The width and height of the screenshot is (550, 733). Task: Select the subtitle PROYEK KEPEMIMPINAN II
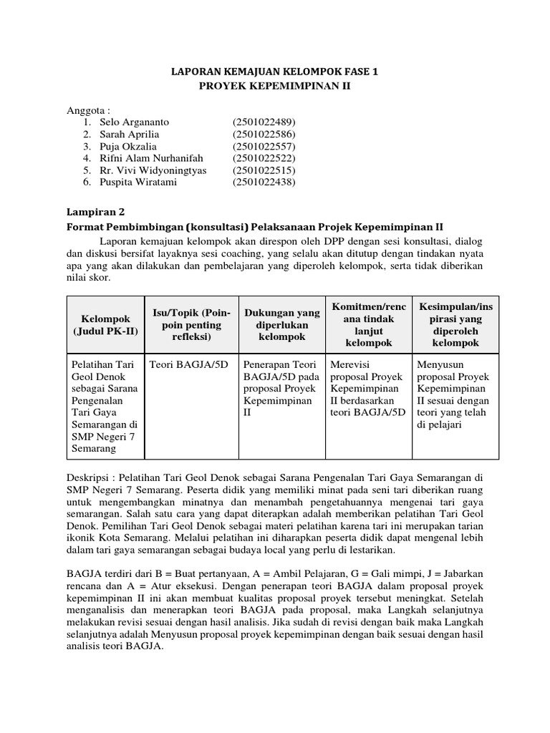[275, 86]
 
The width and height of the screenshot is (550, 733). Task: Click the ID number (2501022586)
[264, 134]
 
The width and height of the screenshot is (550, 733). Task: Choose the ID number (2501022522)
[264, 158]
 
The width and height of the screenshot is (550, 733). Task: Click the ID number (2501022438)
[264, 183]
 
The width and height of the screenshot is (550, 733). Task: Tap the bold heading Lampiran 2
[96, 212]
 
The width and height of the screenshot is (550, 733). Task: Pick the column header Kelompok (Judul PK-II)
[105, 324]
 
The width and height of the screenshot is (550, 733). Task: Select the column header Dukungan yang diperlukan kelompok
[281, 324]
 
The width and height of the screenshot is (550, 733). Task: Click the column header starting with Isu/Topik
[190, 324]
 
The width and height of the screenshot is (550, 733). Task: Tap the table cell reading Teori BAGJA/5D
[188, 364]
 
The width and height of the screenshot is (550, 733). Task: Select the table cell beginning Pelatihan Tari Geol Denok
[105, 406]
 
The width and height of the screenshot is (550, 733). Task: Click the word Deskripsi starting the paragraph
[90, 476]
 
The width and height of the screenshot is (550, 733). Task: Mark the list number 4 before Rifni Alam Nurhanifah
[86, 158]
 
